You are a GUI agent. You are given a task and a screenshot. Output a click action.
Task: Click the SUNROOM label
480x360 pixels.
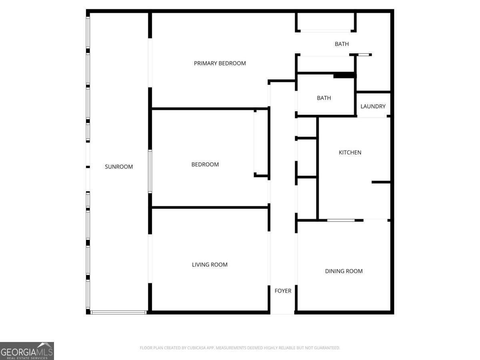(x=119, y=167)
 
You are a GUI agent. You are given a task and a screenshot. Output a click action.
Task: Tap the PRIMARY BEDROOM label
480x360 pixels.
(x=220, y=63)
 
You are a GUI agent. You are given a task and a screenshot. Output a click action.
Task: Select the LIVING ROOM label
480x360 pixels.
(x=210, y=265)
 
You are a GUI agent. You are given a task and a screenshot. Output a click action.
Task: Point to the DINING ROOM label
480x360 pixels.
(x=344, y=271)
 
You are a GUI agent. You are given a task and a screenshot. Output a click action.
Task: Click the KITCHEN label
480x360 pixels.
(x=350, y=152)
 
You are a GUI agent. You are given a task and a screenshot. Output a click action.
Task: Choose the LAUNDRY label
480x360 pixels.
(x=373, y=106)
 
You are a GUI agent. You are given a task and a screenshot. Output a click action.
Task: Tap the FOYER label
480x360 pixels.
(x=283, y=291)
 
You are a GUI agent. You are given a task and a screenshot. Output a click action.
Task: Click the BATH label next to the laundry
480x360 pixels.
(x=324, y=98)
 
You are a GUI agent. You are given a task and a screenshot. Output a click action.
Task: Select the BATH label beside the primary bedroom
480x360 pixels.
(x=342, y=44)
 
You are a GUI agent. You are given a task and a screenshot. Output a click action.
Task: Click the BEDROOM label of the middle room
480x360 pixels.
(x=205, y=164)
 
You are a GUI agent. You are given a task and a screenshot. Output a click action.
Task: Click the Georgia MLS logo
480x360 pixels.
(x=27, y=351)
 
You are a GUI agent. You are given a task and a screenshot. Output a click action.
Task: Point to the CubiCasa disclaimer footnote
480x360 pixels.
(x=240, y=348)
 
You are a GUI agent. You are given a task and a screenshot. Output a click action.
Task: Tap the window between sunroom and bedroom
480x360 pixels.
(x=150, y=171)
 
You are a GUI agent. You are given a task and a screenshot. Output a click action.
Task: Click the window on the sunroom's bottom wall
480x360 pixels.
(x=118, y=312)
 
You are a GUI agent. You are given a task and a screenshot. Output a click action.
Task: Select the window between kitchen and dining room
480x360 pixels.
(x=341, y=220)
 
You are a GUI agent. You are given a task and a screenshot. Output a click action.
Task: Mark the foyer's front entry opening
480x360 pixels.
(x=282, y=312)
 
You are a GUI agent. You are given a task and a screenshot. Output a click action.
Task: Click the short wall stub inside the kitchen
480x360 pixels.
(x=381, y=182)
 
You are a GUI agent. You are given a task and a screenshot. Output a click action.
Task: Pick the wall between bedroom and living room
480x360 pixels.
(x=210, y=207)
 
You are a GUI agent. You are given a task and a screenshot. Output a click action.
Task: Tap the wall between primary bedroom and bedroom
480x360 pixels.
(x=210, y=109)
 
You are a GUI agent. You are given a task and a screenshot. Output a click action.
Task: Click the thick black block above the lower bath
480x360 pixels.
(x=344, y=76)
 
